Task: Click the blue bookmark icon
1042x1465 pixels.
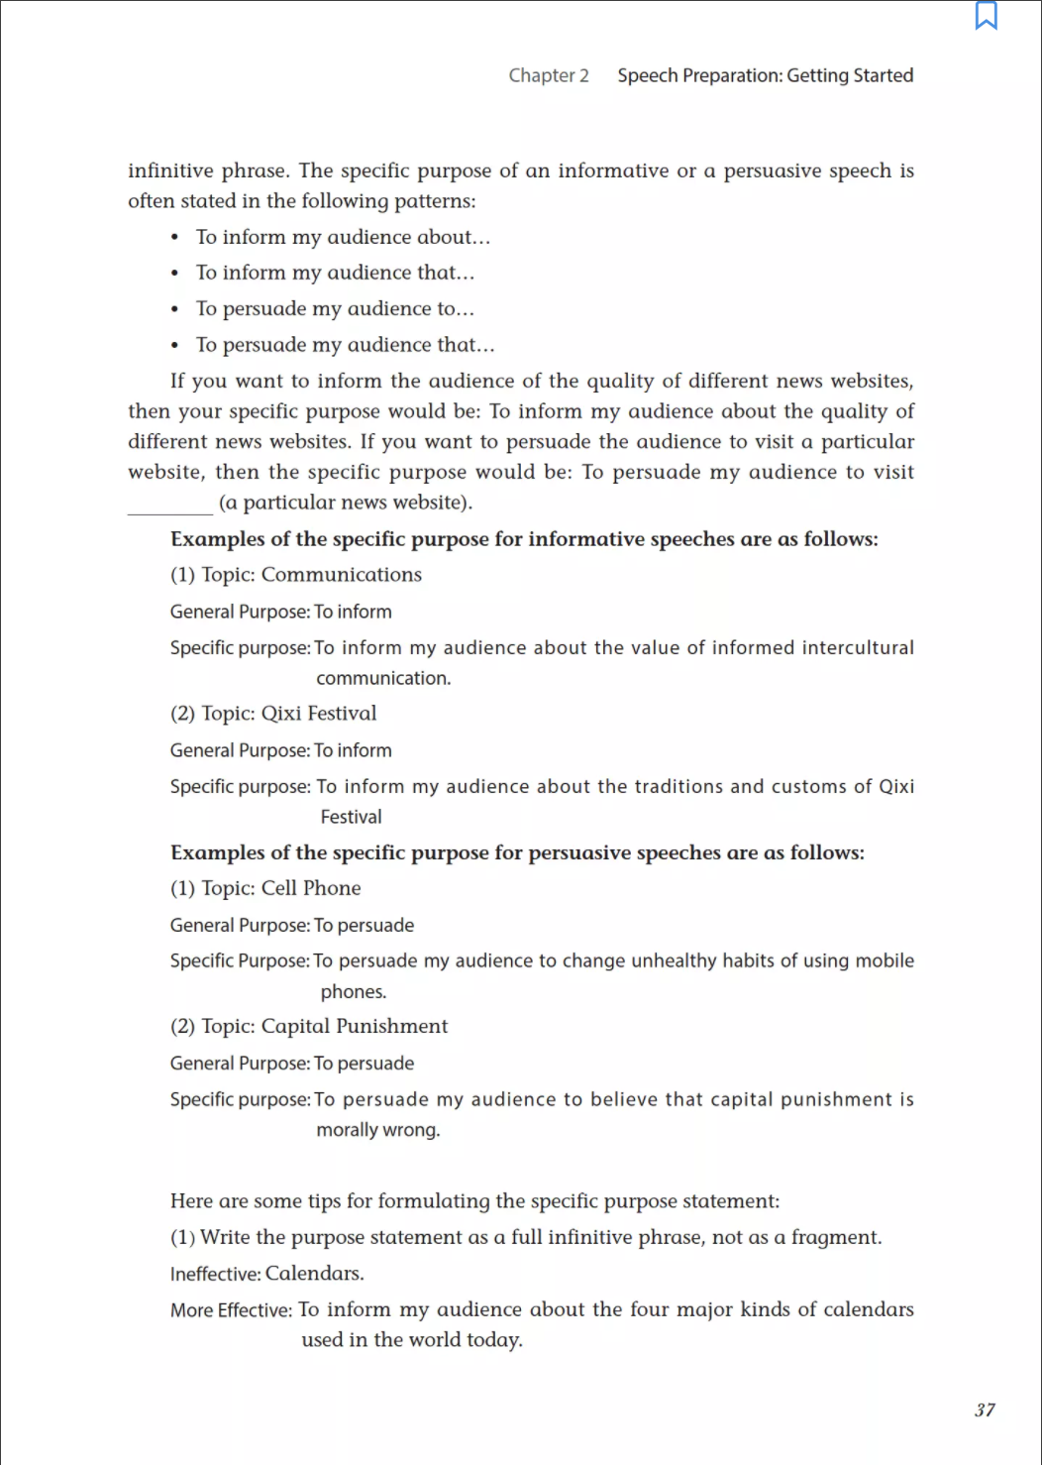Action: (x=986, y=16)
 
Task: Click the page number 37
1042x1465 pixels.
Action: (x=985, y=1409)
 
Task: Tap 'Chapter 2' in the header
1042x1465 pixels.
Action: (x=548, y=75)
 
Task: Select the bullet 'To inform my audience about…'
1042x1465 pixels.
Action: (x=343, y=237)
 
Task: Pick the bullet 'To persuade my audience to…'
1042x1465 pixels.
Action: (x=335, y=308)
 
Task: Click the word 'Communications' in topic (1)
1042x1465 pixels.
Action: (x=342, y=575)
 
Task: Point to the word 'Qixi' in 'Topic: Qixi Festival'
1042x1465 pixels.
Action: (x=281, y=714)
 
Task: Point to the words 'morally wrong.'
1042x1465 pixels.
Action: (x=378, y=1130)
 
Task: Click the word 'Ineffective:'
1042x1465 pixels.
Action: (x=215, y=1274)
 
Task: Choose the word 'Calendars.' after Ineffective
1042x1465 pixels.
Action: (x=315, y=1274)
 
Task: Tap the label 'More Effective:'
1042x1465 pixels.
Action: (x=231, y=1310)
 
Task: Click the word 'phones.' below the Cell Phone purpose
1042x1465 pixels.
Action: (x=354, y=991)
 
